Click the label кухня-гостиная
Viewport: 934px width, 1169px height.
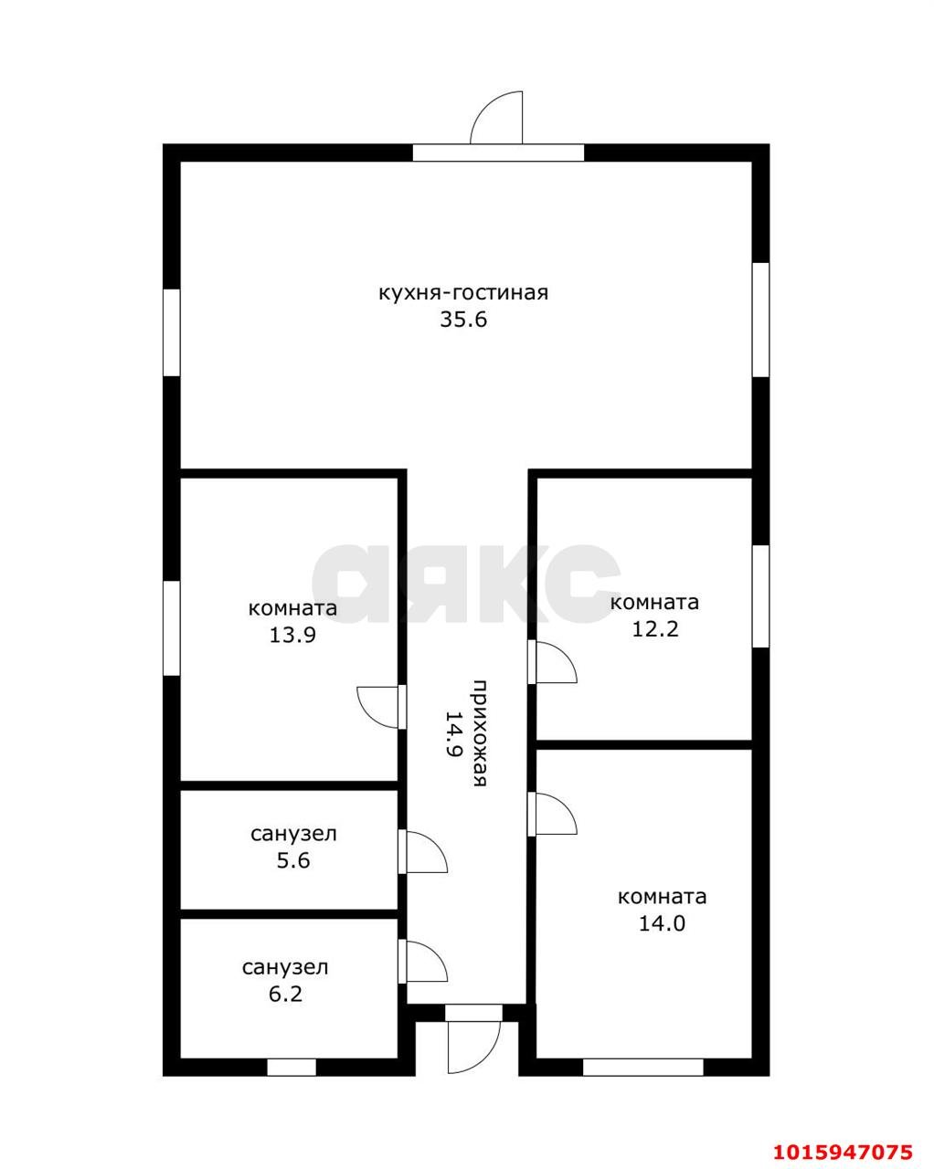463,293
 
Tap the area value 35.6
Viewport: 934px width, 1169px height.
463,320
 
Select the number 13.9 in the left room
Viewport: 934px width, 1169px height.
292,635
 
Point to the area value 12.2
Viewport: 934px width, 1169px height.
654,629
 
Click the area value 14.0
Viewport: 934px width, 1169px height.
662,923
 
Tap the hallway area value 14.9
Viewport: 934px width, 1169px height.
453,734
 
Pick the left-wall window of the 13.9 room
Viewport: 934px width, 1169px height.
172,628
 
